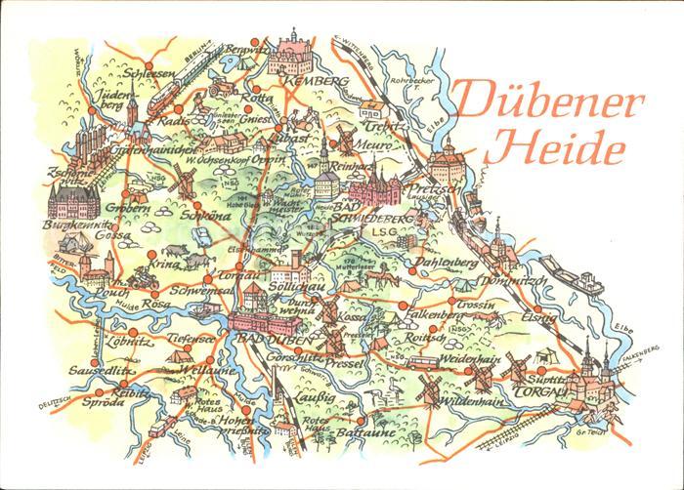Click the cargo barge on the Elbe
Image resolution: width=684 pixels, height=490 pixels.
573,276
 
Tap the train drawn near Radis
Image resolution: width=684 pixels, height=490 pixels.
173,92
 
